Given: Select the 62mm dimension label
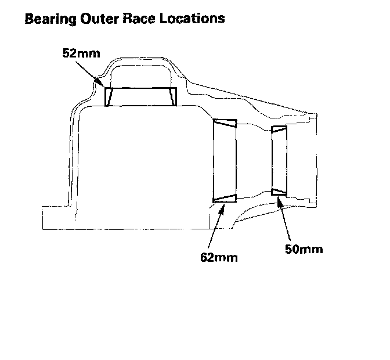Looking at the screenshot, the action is point(219,257).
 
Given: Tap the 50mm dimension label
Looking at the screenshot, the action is point(304,250).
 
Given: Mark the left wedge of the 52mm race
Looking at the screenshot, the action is point(109,96).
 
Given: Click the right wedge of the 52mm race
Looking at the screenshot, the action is point(172,96).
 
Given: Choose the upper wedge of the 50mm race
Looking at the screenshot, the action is point(279,129).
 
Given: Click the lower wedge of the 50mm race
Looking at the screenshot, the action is point(279,190).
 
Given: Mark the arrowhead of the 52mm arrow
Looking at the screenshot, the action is point(104,85).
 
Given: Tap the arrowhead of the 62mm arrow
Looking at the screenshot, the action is point(221,208).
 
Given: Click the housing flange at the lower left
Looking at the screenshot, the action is point(58,218).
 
